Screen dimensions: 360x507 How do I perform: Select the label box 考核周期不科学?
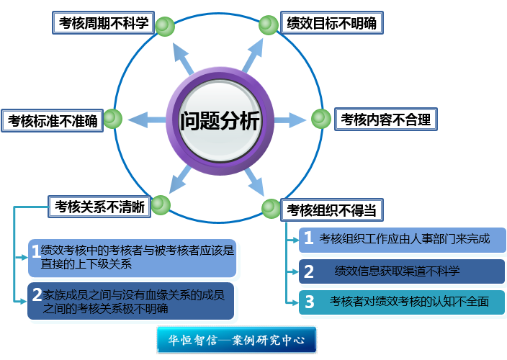pos(102,22)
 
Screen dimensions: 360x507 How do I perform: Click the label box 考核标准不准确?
pos(53,120)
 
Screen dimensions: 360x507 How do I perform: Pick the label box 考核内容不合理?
pos(386,120)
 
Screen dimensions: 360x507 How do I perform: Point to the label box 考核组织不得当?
pos(331,210)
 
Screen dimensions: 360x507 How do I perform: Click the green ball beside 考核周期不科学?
pos(165,26)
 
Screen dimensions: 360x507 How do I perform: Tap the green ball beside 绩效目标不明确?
pos(269,26)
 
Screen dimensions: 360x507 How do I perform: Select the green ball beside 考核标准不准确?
pos(113,119)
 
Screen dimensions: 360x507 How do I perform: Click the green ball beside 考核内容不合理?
pos(321,119)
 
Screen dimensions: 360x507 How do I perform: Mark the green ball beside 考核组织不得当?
pos(271,208)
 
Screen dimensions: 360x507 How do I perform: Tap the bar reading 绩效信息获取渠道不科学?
pos(402,271)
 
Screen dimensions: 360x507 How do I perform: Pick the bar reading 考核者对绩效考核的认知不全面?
pos(402,302)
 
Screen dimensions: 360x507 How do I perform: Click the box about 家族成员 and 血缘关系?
pos(131,301)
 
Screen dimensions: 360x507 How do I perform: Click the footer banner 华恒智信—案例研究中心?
pos(236,340)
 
